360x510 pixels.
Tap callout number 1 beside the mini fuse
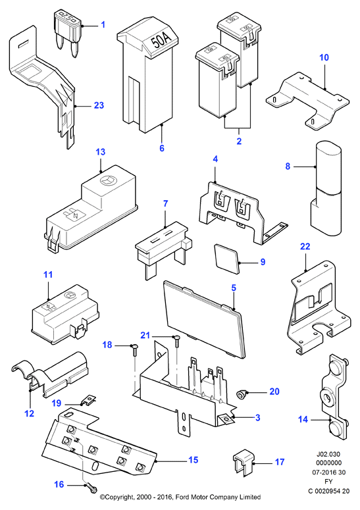[x=103, y=24]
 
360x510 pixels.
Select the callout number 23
[x=99, y=105]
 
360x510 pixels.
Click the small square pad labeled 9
[x=227, y=259]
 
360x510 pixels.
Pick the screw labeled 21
[x=177, y=341]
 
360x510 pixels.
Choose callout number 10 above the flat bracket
[x=324, y=57]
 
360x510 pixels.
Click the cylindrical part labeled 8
[x=326, y=188]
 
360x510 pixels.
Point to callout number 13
[x=101, y=152]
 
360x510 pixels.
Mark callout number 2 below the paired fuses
[x=239, y=141]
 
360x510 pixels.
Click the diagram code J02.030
[x=328, y=454]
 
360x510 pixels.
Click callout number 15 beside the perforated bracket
[x=193, y=460]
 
